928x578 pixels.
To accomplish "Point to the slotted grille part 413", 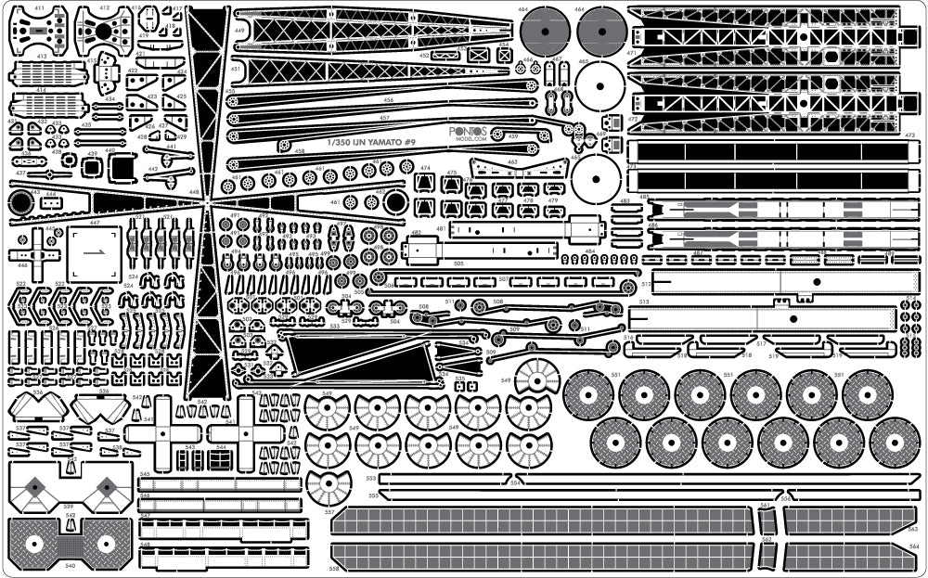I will click(x=43, y=71).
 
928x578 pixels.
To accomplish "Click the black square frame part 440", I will click(x=122, y=167).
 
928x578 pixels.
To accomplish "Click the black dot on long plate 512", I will click(x=817, y=281).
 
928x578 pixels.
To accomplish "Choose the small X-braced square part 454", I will click(x=504, y=55).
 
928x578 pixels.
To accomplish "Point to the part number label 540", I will click(x=70, y=564).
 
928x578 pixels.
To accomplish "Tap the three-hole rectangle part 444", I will click(x=52, y=201).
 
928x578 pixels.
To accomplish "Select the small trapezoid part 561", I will click(x=767, y=519).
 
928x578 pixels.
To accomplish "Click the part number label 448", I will click(x=194, y=193).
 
